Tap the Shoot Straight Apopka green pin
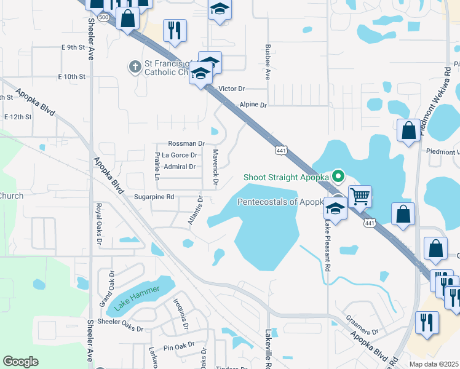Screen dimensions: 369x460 pos(338,177)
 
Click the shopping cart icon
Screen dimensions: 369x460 pos(360,197)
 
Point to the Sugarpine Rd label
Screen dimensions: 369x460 pos(154,197)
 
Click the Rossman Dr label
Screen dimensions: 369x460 pos(186,143)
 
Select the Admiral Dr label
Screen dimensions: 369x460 pos(180,167)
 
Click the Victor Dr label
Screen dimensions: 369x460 pos(232,89)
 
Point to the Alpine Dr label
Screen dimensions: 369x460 pos(253,105)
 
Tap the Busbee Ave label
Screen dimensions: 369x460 pos(268,62)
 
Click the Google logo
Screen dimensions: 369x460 pos(20,362)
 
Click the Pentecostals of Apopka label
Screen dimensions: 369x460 pos(280,202)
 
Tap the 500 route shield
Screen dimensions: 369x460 pos(105,17)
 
